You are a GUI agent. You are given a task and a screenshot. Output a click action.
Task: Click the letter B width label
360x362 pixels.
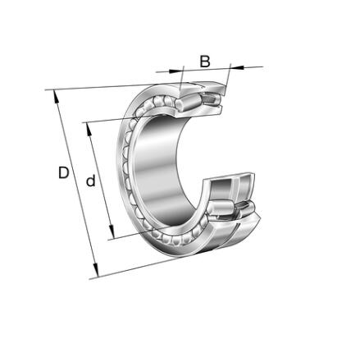pos(205,62)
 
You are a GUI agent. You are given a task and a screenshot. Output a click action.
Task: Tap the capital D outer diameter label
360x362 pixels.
pos(63,172)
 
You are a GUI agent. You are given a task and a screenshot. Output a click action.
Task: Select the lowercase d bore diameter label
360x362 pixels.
pos(91,181)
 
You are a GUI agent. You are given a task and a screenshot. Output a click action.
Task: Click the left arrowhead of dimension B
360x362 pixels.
pos(175,71)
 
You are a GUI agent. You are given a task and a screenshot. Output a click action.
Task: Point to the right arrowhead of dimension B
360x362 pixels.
pos(237,66)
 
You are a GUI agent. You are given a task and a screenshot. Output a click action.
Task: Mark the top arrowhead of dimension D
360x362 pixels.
pos(56,96)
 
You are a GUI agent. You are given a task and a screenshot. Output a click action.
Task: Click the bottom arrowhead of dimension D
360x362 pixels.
pos(95,270)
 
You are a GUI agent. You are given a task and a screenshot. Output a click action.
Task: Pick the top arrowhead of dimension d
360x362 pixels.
pos(89,129)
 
